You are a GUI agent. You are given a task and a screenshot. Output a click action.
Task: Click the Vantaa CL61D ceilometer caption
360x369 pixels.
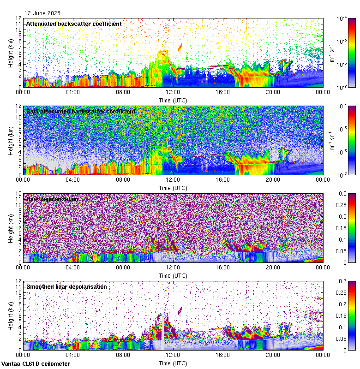pos(36,364)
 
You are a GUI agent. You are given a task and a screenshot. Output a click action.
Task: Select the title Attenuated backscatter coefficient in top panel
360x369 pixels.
pos(74,24)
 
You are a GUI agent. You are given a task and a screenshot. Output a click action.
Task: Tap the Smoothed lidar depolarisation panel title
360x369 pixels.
pos(66,286)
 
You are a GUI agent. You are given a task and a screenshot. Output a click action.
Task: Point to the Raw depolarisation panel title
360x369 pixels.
pos(52,199)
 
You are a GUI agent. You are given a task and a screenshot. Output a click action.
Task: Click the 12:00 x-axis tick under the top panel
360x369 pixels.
pos(173,92)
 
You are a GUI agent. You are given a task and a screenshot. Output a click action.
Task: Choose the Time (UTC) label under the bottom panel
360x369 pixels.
pos(173,363)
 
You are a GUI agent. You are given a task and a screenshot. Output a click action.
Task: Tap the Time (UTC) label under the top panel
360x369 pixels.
pos(173,101)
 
